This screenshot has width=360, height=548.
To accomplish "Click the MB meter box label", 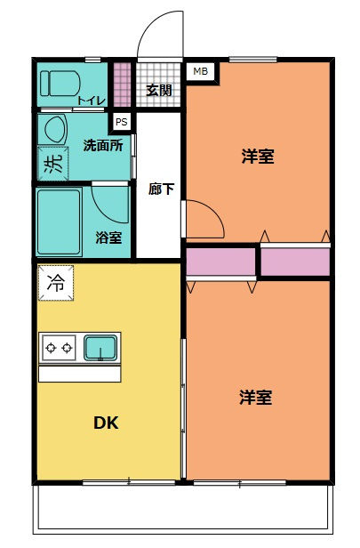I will coord(200,70).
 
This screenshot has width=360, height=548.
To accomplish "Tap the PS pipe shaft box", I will coord(120,121).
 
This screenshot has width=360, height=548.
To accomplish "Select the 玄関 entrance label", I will coord(159,89).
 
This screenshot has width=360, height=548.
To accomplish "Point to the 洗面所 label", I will coord(103,145).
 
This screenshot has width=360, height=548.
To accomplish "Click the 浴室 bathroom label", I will coord(108,238).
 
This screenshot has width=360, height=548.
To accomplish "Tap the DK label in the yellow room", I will coord(107,423).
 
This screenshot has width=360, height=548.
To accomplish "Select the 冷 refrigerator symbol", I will coord(56,284).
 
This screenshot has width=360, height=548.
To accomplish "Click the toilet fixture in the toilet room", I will coord(61,85).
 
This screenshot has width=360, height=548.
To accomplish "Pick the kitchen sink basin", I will coord(100,348).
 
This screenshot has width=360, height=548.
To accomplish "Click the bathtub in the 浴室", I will coord(60,221).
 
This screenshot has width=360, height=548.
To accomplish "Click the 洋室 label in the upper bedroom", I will coord(257,157).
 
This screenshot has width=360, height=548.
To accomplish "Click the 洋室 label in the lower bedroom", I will coord(256,398).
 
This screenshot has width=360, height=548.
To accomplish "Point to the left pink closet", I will coord(220,262).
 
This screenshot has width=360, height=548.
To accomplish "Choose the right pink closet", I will coord(294,262).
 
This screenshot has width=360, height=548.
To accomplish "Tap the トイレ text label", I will coord(92,101).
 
